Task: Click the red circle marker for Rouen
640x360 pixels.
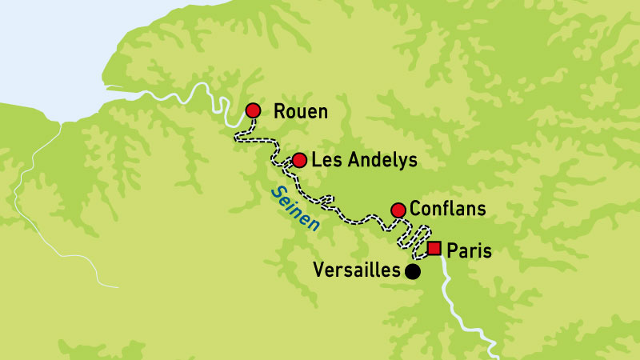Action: pos(253,110)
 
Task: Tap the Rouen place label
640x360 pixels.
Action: pos(301,111)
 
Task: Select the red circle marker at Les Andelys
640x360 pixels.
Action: pos(299,160)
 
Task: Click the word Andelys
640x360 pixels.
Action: pos(378,161)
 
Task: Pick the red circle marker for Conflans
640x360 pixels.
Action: pos(398,210)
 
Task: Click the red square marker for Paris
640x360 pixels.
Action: pos(434,248)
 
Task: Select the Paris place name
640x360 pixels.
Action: pos(469,250)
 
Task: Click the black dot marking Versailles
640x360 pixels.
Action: pos(412,272)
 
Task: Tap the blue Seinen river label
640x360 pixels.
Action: pos(294,209)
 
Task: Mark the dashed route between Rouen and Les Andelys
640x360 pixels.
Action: pos(256,139)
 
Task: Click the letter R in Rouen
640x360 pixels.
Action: pos(279,111)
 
